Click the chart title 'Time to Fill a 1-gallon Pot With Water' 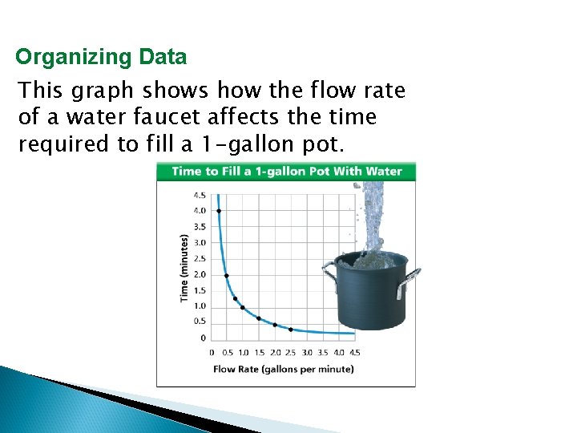click(x=286, y=171)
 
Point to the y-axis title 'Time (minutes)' click(x=184, y=267)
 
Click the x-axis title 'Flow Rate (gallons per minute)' click(x=284, y=370)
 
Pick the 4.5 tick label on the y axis click(x=200, y=195)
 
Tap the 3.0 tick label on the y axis click(x=200, y=242)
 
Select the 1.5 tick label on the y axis click(x=200, y=290)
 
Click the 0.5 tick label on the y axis click(x=200, y=322)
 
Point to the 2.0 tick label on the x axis click(x=275, y=352)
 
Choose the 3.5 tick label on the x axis click(x=323, y=352)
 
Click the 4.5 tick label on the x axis click(x=354, y=352)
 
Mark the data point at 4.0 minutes click(x=219, y=211)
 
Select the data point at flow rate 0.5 click(x=227, y=275)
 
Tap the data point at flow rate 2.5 click(x=290, y=329)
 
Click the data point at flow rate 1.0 click(x=243, y=307)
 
